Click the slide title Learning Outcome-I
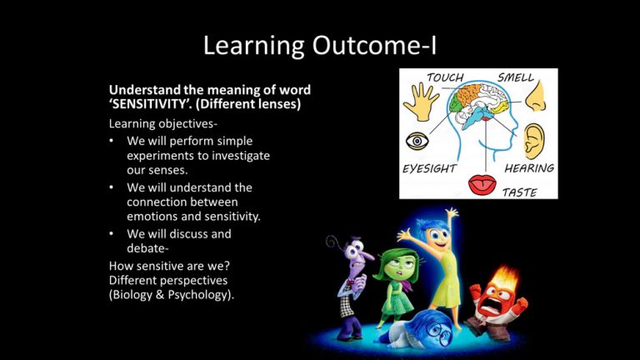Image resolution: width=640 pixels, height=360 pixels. pyautogui.click(x=320, y=45)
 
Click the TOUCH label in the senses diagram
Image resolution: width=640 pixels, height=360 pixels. pyautogui.click(x=445, y=77)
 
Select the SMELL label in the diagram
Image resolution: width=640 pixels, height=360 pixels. pyautogui.click(x=516, y=77)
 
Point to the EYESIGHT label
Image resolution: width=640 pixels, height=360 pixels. pyautogui.click(x=429, y=168)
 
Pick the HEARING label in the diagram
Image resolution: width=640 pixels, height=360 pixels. pyautogui.click(x=529, y=168)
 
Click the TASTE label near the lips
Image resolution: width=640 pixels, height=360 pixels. pyautogui.click(x=520, y=192)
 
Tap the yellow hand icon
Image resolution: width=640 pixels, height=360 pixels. pyautogui.click(x=420, y=101)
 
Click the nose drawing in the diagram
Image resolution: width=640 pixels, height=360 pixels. pyautogui.click(x=536, y=97)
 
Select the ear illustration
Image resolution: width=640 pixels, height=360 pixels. pyautogui.click(x=534, y=141)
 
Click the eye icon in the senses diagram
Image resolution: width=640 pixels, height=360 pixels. pyautogui.click(x=417, y=141)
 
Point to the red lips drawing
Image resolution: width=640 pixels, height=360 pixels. pyautogui.click(x=482, y=185)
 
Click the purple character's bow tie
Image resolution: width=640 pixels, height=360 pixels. pyautogui.click(x=350, y=282)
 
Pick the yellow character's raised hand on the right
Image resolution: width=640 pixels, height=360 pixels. pyautogui.click(x=452, y=213)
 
